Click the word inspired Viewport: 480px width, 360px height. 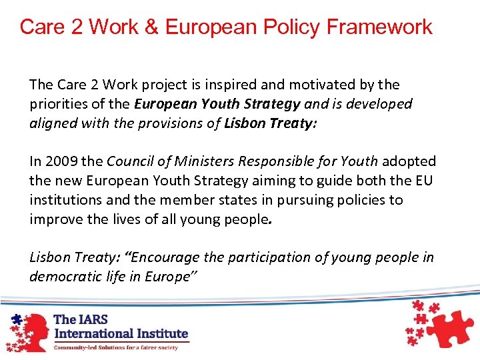click(x=245, y=85)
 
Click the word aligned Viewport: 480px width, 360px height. click(x=52, y=123)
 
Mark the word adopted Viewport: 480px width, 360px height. click(x=409, y=161)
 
